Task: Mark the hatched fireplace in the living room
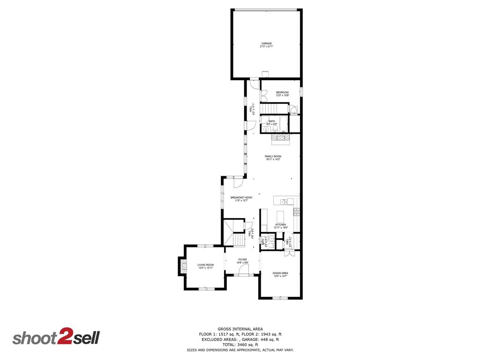(184, 266)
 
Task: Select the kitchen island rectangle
(281, 216)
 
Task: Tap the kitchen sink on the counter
(284, 202)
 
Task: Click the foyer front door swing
(249, 269)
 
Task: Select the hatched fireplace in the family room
(280, 137)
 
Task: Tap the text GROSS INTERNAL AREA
(240, 329)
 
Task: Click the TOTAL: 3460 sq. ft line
(240, 345)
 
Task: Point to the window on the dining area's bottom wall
(280, 298)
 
